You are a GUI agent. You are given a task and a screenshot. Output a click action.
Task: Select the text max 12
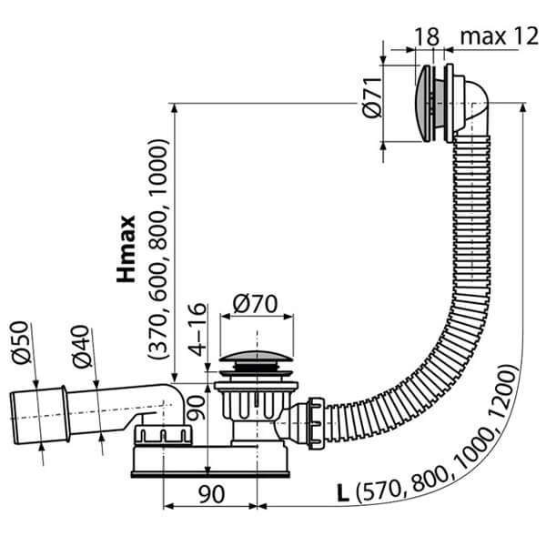point(498,36)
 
